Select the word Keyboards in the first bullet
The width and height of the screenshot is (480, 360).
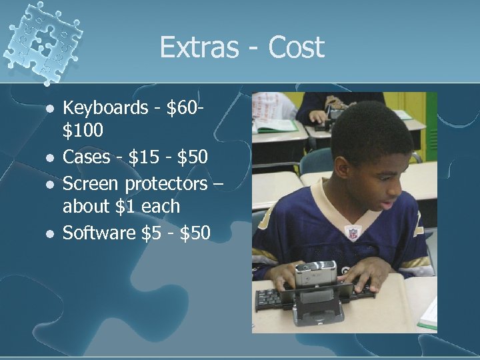coord(106,107)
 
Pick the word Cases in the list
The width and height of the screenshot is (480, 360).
coord(86,157)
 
